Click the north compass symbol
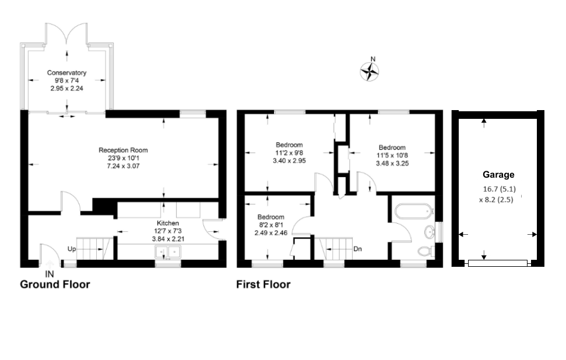tap(370, 71)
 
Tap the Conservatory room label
tap(67, 73)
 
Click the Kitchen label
tap(168, 223)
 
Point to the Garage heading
tap(498, 174)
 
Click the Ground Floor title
tap(55, 285)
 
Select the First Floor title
tap(263, 285)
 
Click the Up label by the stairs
tap(72, 249)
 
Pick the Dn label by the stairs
tap(358, 249)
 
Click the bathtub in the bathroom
tap(412, 211)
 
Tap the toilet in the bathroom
tap(426, 251)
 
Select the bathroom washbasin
tap(430, 232)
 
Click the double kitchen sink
tap(168, 252)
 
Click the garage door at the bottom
tap(498, 263)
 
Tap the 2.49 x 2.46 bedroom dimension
tap(272, 232)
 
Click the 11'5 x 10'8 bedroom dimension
tap(392, 156)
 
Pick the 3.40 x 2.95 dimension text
tap(289, 161)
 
